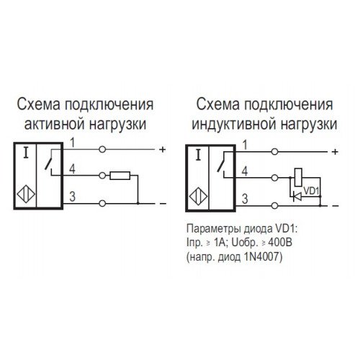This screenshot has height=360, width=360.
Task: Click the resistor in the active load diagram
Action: point(120,176)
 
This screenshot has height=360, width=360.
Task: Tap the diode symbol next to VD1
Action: point(297,197)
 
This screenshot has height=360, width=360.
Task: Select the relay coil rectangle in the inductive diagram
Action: point(298,178)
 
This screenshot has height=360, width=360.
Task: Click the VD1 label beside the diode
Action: point(311,191)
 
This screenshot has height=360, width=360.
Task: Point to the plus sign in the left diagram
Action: point(163,150)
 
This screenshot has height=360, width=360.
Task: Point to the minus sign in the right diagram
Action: point(336,206)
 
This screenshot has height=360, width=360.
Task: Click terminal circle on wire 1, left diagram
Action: point(102,150)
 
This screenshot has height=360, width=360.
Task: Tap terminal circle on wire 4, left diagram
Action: point(102,176)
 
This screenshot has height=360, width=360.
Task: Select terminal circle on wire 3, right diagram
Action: point(274,206)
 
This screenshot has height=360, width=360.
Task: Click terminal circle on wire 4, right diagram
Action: point(274,178)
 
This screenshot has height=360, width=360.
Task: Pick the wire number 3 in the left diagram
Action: point(72,197)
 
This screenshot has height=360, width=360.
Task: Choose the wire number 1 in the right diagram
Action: point(245,145)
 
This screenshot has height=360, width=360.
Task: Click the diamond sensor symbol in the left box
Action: point(26,194)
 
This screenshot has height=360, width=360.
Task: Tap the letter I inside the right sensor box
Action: point(198,155)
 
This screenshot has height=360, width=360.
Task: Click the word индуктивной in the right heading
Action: point(234,125)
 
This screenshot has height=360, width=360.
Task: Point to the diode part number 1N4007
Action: point(262,257)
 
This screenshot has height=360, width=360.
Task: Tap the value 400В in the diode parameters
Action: point(280,243)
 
